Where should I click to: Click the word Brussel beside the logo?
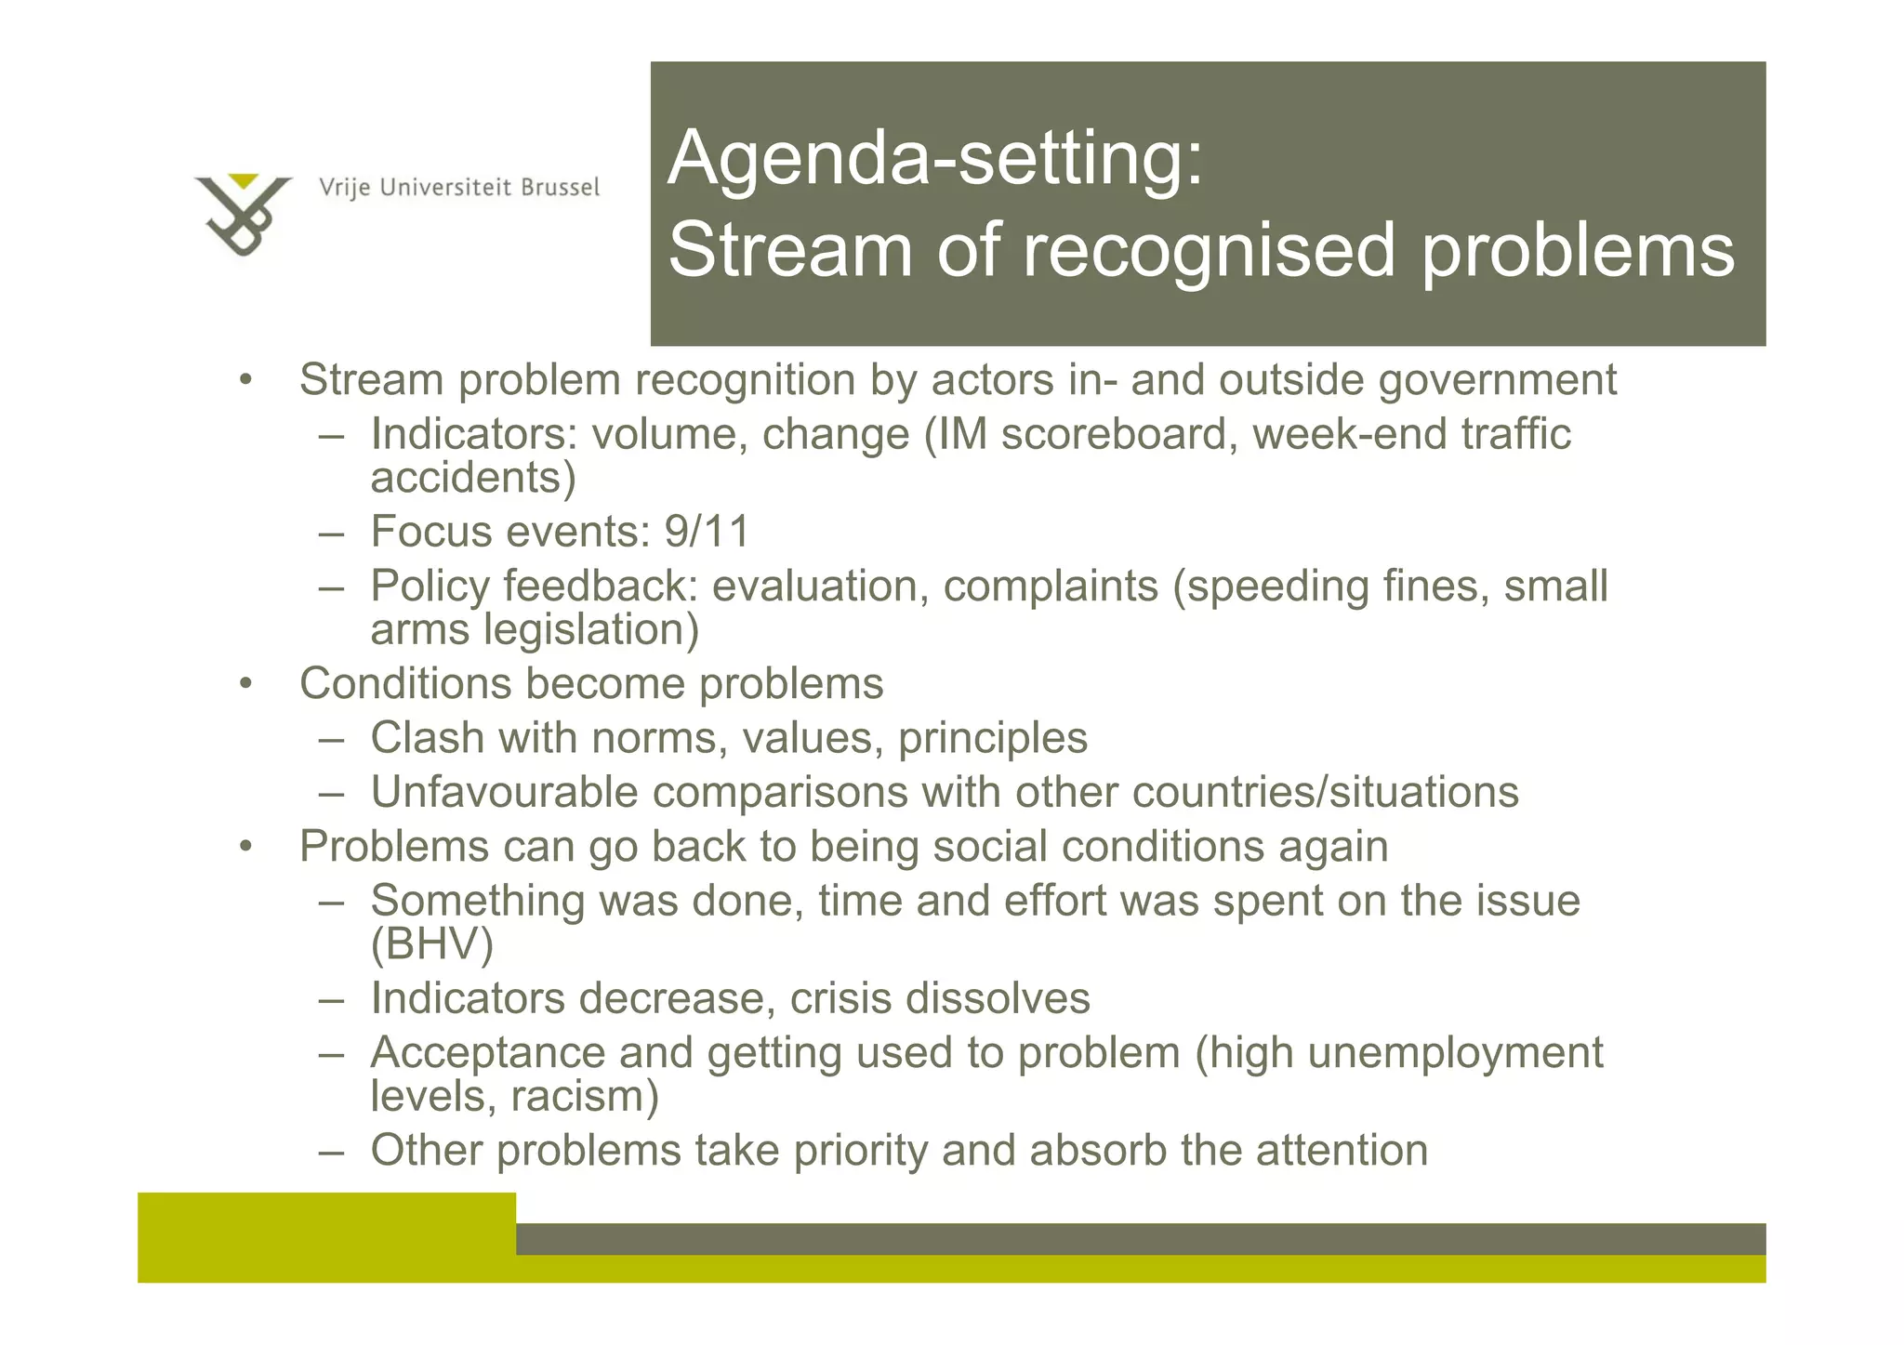pyautogui.click(x=560, y=188)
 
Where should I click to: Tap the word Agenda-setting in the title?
pyautogui.click(x=934, y=158)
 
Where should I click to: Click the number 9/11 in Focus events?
pyautogui.click(x=707, y=533)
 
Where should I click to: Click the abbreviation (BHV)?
pyautogui.click(x=431, y=945)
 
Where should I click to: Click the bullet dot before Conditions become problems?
pyautogui.click(x=245, y=685)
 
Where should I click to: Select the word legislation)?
pyautogui.click(x=590, y=630)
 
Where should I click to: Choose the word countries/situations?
pyautogui.click(x=1325, y=793)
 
